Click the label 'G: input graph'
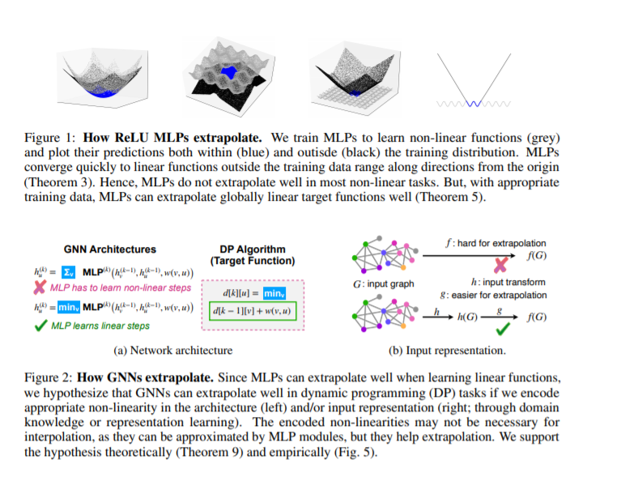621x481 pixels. click(384, 283)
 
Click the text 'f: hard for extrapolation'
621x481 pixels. click(496, 242)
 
